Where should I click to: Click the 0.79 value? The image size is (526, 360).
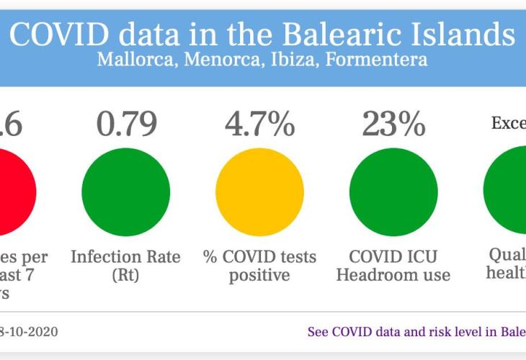pos(127,124)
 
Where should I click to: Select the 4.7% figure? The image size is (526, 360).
pos(259,124)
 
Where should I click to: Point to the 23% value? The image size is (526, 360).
pos(393,124)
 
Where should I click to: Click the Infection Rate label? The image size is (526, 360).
pos(125,257)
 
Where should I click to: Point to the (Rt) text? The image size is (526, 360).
pos(125,275)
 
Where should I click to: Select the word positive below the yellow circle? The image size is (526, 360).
pos(259,275)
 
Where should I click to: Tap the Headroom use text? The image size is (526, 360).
pos(393,275)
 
